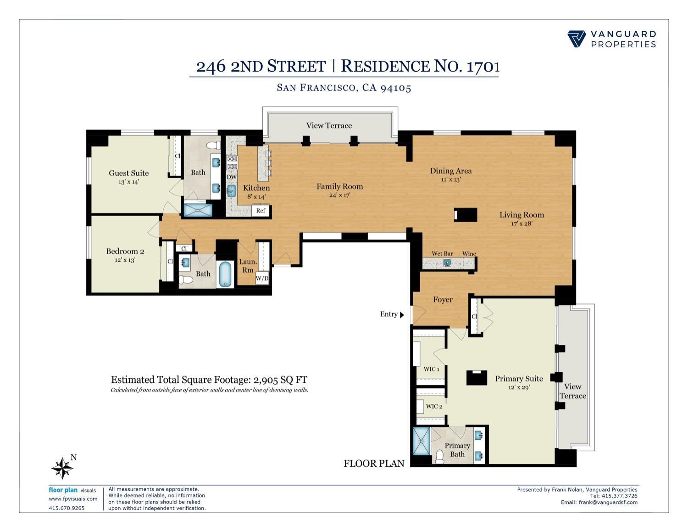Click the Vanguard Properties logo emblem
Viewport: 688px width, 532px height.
[x=577, y=39]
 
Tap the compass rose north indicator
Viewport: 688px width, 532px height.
[x=63, y=468]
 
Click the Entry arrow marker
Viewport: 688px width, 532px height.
[x=402, y=315]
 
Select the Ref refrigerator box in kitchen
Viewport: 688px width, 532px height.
[x=261, y=211]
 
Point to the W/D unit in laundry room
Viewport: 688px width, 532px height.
[x=262, y=278]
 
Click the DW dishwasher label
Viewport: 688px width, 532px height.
[x=232, y=177]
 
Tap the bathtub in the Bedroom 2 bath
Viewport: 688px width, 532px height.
[x=225, y=274]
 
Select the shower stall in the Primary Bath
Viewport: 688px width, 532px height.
[x=420, y=441]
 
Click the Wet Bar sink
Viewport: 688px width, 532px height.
[x=447, y=263]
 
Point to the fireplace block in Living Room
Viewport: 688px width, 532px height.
[x=466, y=215]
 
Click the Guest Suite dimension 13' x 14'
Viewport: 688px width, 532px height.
[x=128, y=182]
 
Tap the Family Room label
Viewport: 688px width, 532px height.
[x=339, y=186]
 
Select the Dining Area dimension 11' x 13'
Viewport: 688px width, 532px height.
[x=450, y=179]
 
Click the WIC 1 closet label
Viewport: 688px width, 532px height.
[x=431, y=369]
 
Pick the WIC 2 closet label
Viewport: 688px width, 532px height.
[x=434, y=406]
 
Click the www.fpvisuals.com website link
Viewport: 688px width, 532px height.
[x=73, y=498]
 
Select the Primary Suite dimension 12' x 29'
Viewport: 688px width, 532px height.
[x=519, y=387]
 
